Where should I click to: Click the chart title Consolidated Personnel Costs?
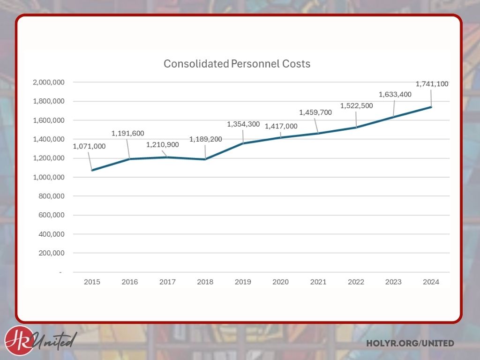coord(237,64)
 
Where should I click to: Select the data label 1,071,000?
coord(89,146)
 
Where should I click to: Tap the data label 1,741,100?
coord(432,84)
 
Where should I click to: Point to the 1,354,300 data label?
coord(243,124)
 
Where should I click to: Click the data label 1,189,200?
coord(205,139)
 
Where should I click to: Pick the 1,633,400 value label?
coord(395,94)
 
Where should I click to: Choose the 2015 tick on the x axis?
coord(92,282)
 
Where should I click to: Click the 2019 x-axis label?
coord(243,282)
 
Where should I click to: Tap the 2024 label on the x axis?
coord(431,282)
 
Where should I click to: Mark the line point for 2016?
coord(129,159)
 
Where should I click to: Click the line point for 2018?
coord(205,159)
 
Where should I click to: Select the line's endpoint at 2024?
coord(431,107)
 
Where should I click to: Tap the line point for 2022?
coord(356,127)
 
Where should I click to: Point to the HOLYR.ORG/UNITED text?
coord(410,344)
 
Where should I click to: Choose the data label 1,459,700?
coord(315,112)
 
